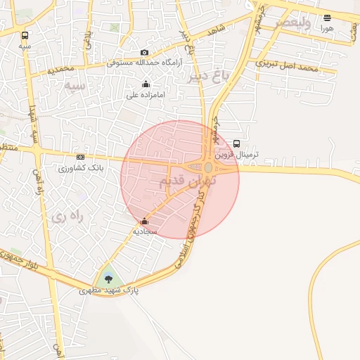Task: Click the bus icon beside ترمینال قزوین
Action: (x=236, y=143)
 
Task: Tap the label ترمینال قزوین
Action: (x=236, y=154)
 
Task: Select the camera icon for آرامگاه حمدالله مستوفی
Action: (x=145, y=52)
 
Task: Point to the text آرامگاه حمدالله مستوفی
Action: (x=144, y=63)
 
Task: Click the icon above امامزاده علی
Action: (x=146, y=84)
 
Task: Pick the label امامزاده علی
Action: (x=146, y=94)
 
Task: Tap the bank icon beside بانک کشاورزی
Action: (x=80, y=157)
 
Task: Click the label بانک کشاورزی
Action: (x=81, y=168)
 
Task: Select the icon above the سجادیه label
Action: (x=145, y=221)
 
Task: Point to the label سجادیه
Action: (x=145, y=231)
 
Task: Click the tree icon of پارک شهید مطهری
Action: (x=108, y=279)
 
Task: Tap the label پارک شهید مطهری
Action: (x=108, y=290)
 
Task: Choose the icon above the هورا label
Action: (x=327, y=18)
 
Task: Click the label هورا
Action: (x=327, y=29)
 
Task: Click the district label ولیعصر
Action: (x=292, y=22)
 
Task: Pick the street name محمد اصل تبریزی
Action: (x=288, y=67)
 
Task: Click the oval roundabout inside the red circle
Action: (x=209, y=167)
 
